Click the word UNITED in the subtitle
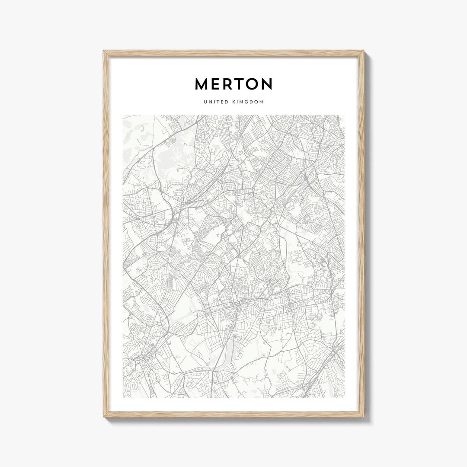215,102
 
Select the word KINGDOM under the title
248,102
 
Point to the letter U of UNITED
205,102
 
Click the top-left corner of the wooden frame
104,51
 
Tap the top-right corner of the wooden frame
363,51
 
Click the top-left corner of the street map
123,115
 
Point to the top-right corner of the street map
344,115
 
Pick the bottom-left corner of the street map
123,398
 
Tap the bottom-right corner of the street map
344,398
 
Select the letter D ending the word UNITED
225,102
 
